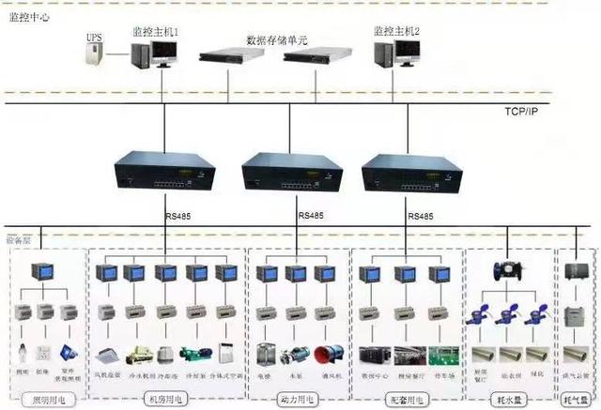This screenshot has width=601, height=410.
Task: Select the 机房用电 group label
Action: pyautogui.click(x=165, y=398)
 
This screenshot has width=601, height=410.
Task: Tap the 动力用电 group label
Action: pyautogui.click(x=296, y=398)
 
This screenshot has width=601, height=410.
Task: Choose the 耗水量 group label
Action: pyautogui.click(x=511, y=398)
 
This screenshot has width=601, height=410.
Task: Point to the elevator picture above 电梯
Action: pyautogui.click(x=265, y=355)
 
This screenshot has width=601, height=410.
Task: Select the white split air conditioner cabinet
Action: pyautogui.click(x=225, y=355)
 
